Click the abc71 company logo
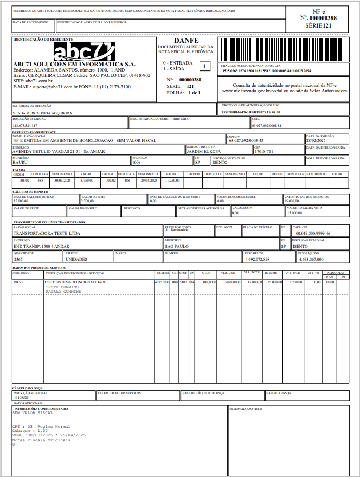click(85, 51)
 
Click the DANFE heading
click(187, 41)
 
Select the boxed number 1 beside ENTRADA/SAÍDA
click(204, 67)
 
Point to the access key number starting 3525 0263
click(266, 71)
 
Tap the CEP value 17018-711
click(265, 151)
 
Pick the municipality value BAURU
click(21, 162)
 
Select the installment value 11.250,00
click(173, 179)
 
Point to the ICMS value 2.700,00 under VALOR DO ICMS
click(88, 201)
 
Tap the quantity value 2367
click(18, 259)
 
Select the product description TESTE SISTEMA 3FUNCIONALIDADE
click(75, 282)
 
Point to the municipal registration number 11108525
click(22, 397)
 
